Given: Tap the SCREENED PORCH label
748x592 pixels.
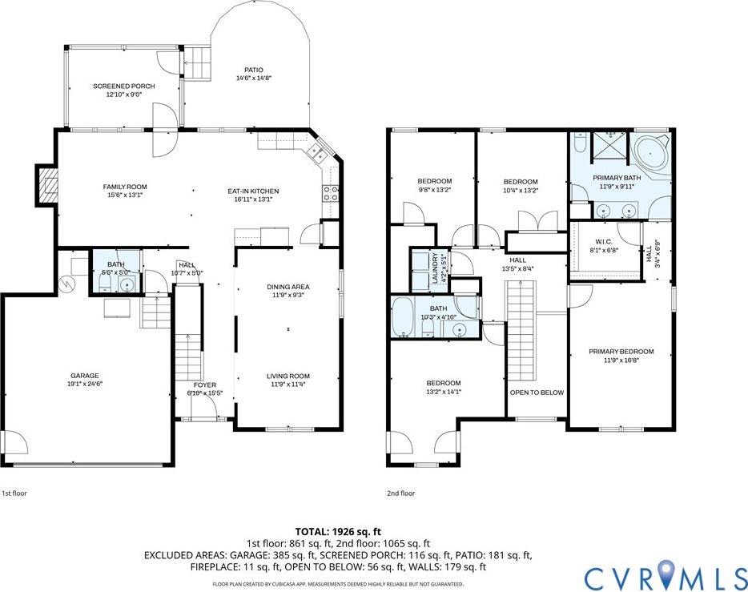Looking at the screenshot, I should (123, 86).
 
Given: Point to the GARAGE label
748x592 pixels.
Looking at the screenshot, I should (83, 376).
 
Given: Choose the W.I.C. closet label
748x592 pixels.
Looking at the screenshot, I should (604, 242).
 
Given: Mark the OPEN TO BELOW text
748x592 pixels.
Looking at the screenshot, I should (537, 393).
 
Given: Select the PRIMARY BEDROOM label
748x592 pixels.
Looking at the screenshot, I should (621, 352).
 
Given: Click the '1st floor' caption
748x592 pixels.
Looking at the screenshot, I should (14, 493).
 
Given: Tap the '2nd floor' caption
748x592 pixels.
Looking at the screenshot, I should (402, 493).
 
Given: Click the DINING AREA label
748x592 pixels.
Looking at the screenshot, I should (288, 286).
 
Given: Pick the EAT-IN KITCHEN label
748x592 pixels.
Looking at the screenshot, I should (253, 191).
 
